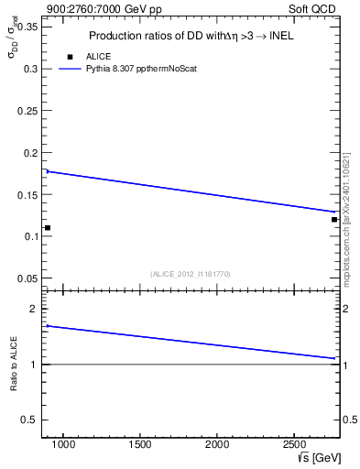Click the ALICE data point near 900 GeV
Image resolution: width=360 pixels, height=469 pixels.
[x=48, y=227]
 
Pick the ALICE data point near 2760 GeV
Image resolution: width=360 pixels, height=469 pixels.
[x=334, y=219]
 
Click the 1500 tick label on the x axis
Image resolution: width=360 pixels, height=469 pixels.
[x=140, y=445]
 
